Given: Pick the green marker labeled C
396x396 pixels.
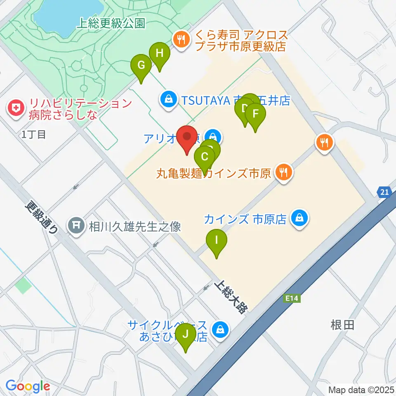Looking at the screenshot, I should pos(205,157).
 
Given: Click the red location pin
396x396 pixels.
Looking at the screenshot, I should pos(187,137).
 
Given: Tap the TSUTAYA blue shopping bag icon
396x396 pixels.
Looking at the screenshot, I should pos(169,99).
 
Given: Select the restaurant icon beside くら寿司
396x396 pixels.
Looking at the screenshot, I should pos(181,40).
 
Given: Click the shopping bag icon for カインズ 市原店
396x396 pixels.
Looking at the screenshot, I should pos(299,218).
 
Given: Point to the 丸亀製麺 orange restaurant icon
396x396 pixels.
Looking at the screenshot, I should pos(283,171).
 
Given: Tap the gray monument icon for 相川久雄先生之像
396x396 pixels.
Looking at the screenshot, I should pos(76,226).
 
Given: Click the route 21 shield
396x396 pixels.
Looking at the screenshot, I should pos(384,192).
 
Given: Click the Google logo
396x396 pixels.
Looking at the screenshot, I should pos(28,387).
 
